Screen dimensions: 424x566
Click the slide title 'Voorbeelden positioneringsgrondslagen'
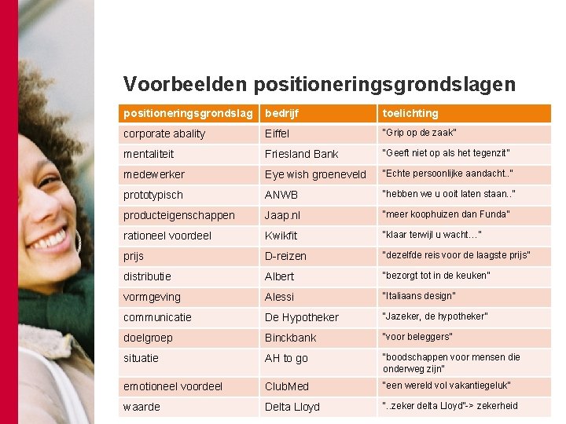tap(319, 84)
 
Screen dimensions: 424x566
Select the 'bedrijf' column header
tap(282, 113)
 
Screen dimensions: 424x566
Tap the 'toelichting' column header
tap(410, 113)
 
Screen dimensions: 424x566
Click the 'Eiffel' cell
tap(277, 133)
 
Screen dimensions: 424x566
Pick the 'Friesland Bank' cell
tap(301, 154)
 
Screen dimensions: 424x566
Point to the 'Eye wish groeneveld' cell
tap(315, 174)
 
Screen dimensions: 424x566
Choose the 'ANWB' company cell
tap(281, 195)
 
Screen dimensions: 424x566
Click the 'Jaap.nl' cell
tap(282, 215)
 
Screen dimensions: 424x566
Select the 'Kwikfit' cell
tap(281, 236)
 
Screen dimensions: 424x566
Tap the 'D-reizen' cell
tap(285, 256)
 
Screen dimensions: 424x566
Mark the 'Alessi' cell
tap(279, 297)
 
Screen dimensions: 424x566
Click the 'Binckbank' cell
tap(290, 338)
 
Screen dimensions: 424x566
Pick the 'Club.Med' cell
tap(287, 386)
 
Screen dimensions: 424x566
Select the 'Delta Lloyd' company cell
tap(292, 407)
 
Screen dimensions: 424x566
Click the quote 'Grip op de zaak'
tap(419, 133)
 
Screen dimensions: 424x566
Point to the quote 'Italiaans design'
tap(419, 296)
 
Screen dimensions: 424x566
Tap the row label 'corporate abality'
tap(164, 133)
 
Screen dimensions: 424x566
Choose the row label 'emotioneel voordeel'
tap(173, 386)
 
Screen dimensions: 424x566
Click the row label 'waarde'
tap(141, 407)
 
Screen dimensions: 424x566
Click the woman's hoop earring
tap(77, 240)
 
